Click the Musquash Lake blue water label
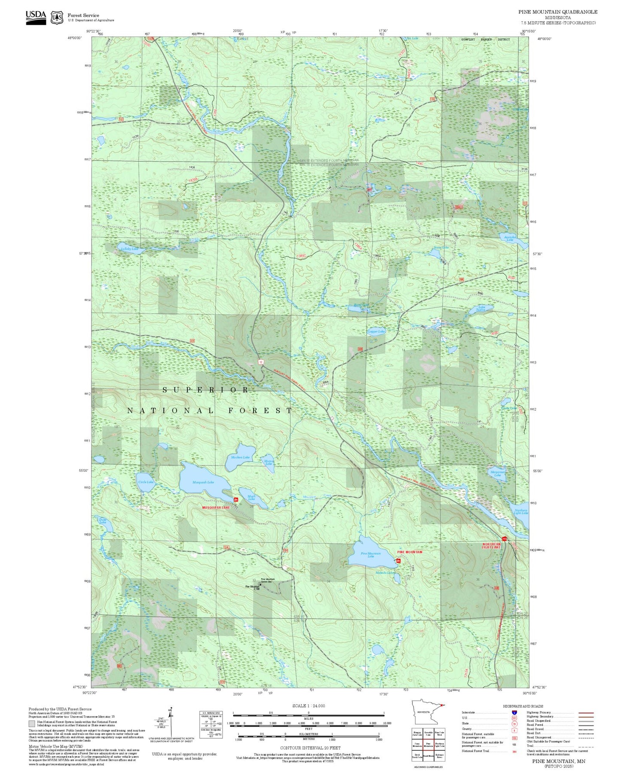tap(203, 482)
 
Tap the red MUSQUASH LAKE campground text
tap(216, 508)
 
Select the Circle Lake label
tap(146, 482)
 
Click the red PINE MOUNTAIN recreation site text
tap(410, 552)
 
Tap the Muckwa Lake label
tap(240, 457)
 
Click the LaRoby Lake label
tap(129, 249)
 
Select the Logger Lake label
tap(376, 331)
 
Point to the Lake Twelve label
tap(481, 308)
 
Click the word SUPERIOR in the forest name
tap(206, 390)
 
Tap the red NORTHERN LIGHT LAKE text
tap(491, 545)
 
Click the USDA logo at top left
tap(36, 17)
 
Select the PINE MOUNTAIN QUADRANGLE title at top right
tap(557, 12)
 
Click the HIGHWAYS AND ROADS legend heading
tap(523, 706)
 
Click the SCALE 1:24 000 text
tap(309, 706)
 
